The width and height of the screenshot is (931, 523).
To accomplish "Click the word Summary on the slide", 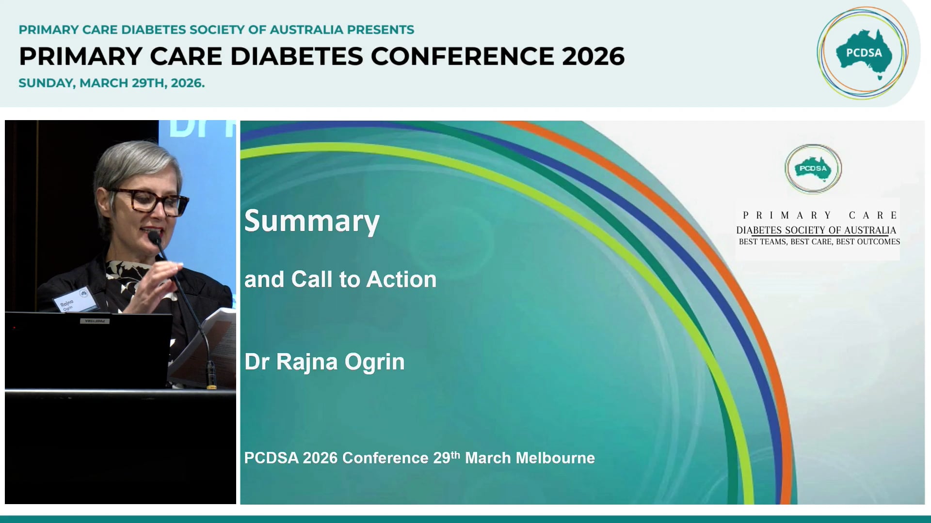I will pyautogui.click(x=311, y=222).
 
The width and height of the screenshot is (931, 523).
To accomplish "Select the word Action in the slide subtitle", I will pyautogui.click(x=401, y=279).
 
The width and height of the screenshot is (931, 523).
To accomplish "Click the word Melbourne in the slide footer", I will pyautogui.click(x=554, y=458).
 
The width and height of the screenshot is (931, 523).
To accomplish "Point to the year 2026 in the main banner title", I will pyautogui.click(x=593, y=56).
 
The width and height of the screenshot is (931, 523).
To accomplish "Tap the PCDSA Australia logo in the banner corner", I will pyautogui.click(x=863, y=53).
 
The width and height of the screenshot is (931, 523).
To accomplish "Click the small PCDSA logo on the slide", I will pyautogui.click(x=813, y=169).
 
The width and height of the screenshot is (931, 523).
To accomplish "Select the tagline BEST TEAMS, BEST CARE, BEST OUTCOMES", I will pyautogui.click(x=819, y=242).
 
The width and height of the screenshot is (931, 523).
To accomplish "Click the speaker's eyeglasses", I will pyautogui.click(x=150, y=200).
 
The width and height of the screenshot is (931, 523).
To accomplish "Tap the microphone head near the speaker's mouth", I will pyautogui.click(x=154, y=237).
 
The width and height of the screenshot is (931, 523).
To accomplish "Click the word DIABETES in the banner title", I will pyautogui.click(x=296, y=56).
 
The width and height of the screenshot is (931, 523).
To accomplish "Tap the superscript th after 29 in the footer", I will pyautogui.click(x=455, y=454).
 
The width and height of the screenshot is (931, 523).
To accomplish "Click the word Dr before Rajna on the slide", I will pyautogui.click(x=257, y=362).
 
